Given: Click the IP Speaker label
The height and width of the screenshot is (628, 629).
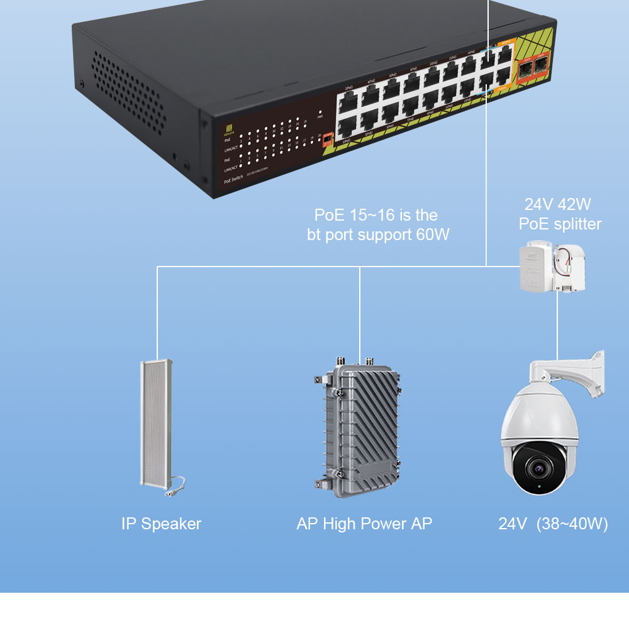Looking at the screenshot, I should [161, 524].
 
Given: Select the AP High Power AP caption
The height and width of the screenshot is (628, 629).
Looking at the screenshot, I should [364, 524].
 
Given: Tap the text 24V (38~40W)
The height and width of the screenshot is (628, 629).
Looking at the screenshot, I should [553, 524].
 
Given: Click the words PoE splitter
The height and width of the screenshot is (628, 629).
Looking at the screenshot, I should [560, 224].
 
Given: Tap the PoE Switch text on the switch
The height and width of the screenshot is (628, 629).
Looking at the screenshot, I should [233, 180].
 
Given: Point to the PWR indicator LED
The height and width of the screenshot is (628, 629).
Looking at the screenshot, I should [320, 111].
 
